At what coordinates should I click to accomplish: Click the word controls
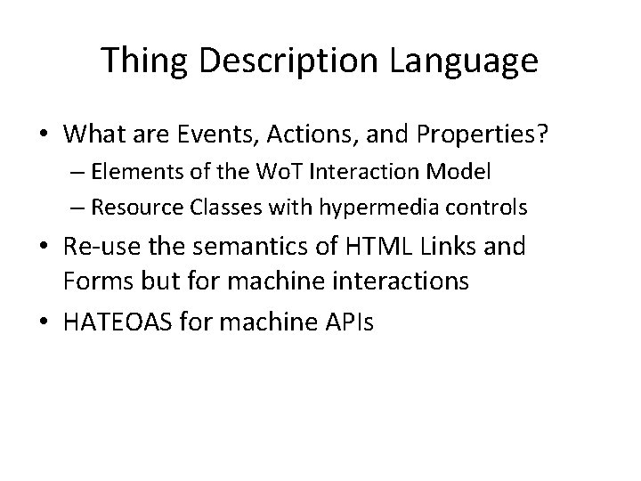pos(488,208)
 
